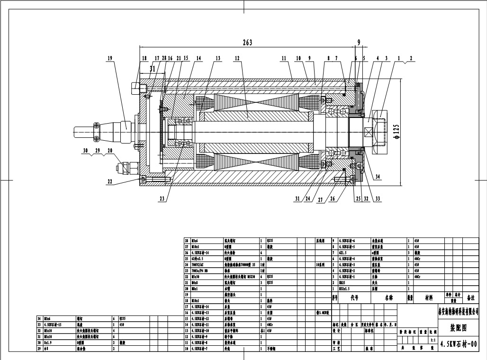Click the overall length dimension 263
[x=247, y=42]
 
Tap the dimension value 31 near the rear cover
[x=152, y=69]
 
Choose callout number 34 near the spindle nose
[x=377, y=177]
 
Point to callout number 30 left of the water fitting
[x=85, y=150]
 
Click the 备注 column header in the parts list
[x=471, y=298]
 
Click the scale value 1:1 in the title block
[x=432, y=340]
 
